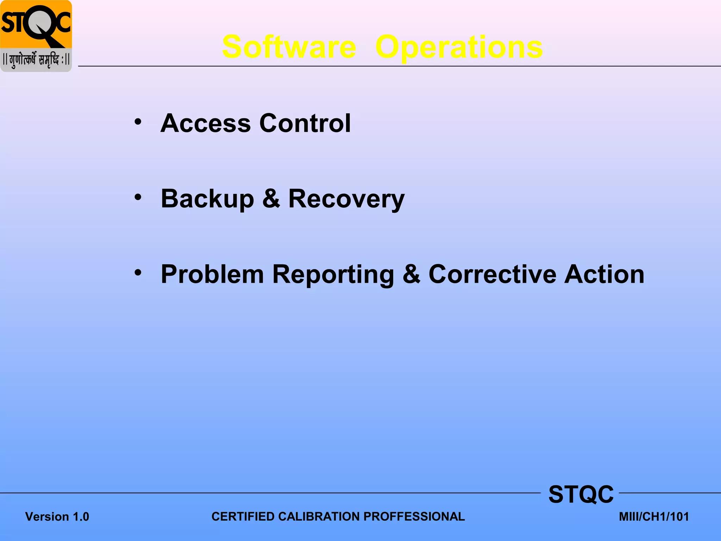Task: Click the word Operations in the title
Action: click(459, 47)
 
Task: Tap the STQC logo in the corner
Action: click(36, 25)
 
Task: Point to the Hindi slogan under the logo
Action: click(36, 60)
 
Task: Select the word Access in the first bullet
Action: click(206, 123)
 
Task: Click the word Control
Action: click(305, 123)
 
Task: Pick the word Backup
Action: click(207, 199)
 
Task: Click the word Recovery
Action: click(346, 199)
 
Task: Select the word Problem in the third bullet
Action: click(212, 274)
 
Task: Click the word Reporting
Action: click(333, 274)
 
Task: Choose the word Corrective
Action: click(492, 274)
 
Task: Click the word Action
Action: click(604, 274)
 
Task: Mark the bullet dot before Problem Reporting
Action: click(138, 272)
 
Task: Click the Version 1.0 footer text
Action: click(57, 517)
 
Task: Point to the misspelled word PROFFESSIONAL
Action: click(414, 517)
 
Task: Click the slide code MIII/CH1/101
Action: click(654, 517)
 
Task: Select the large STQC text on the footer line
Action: click(581, 495)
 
